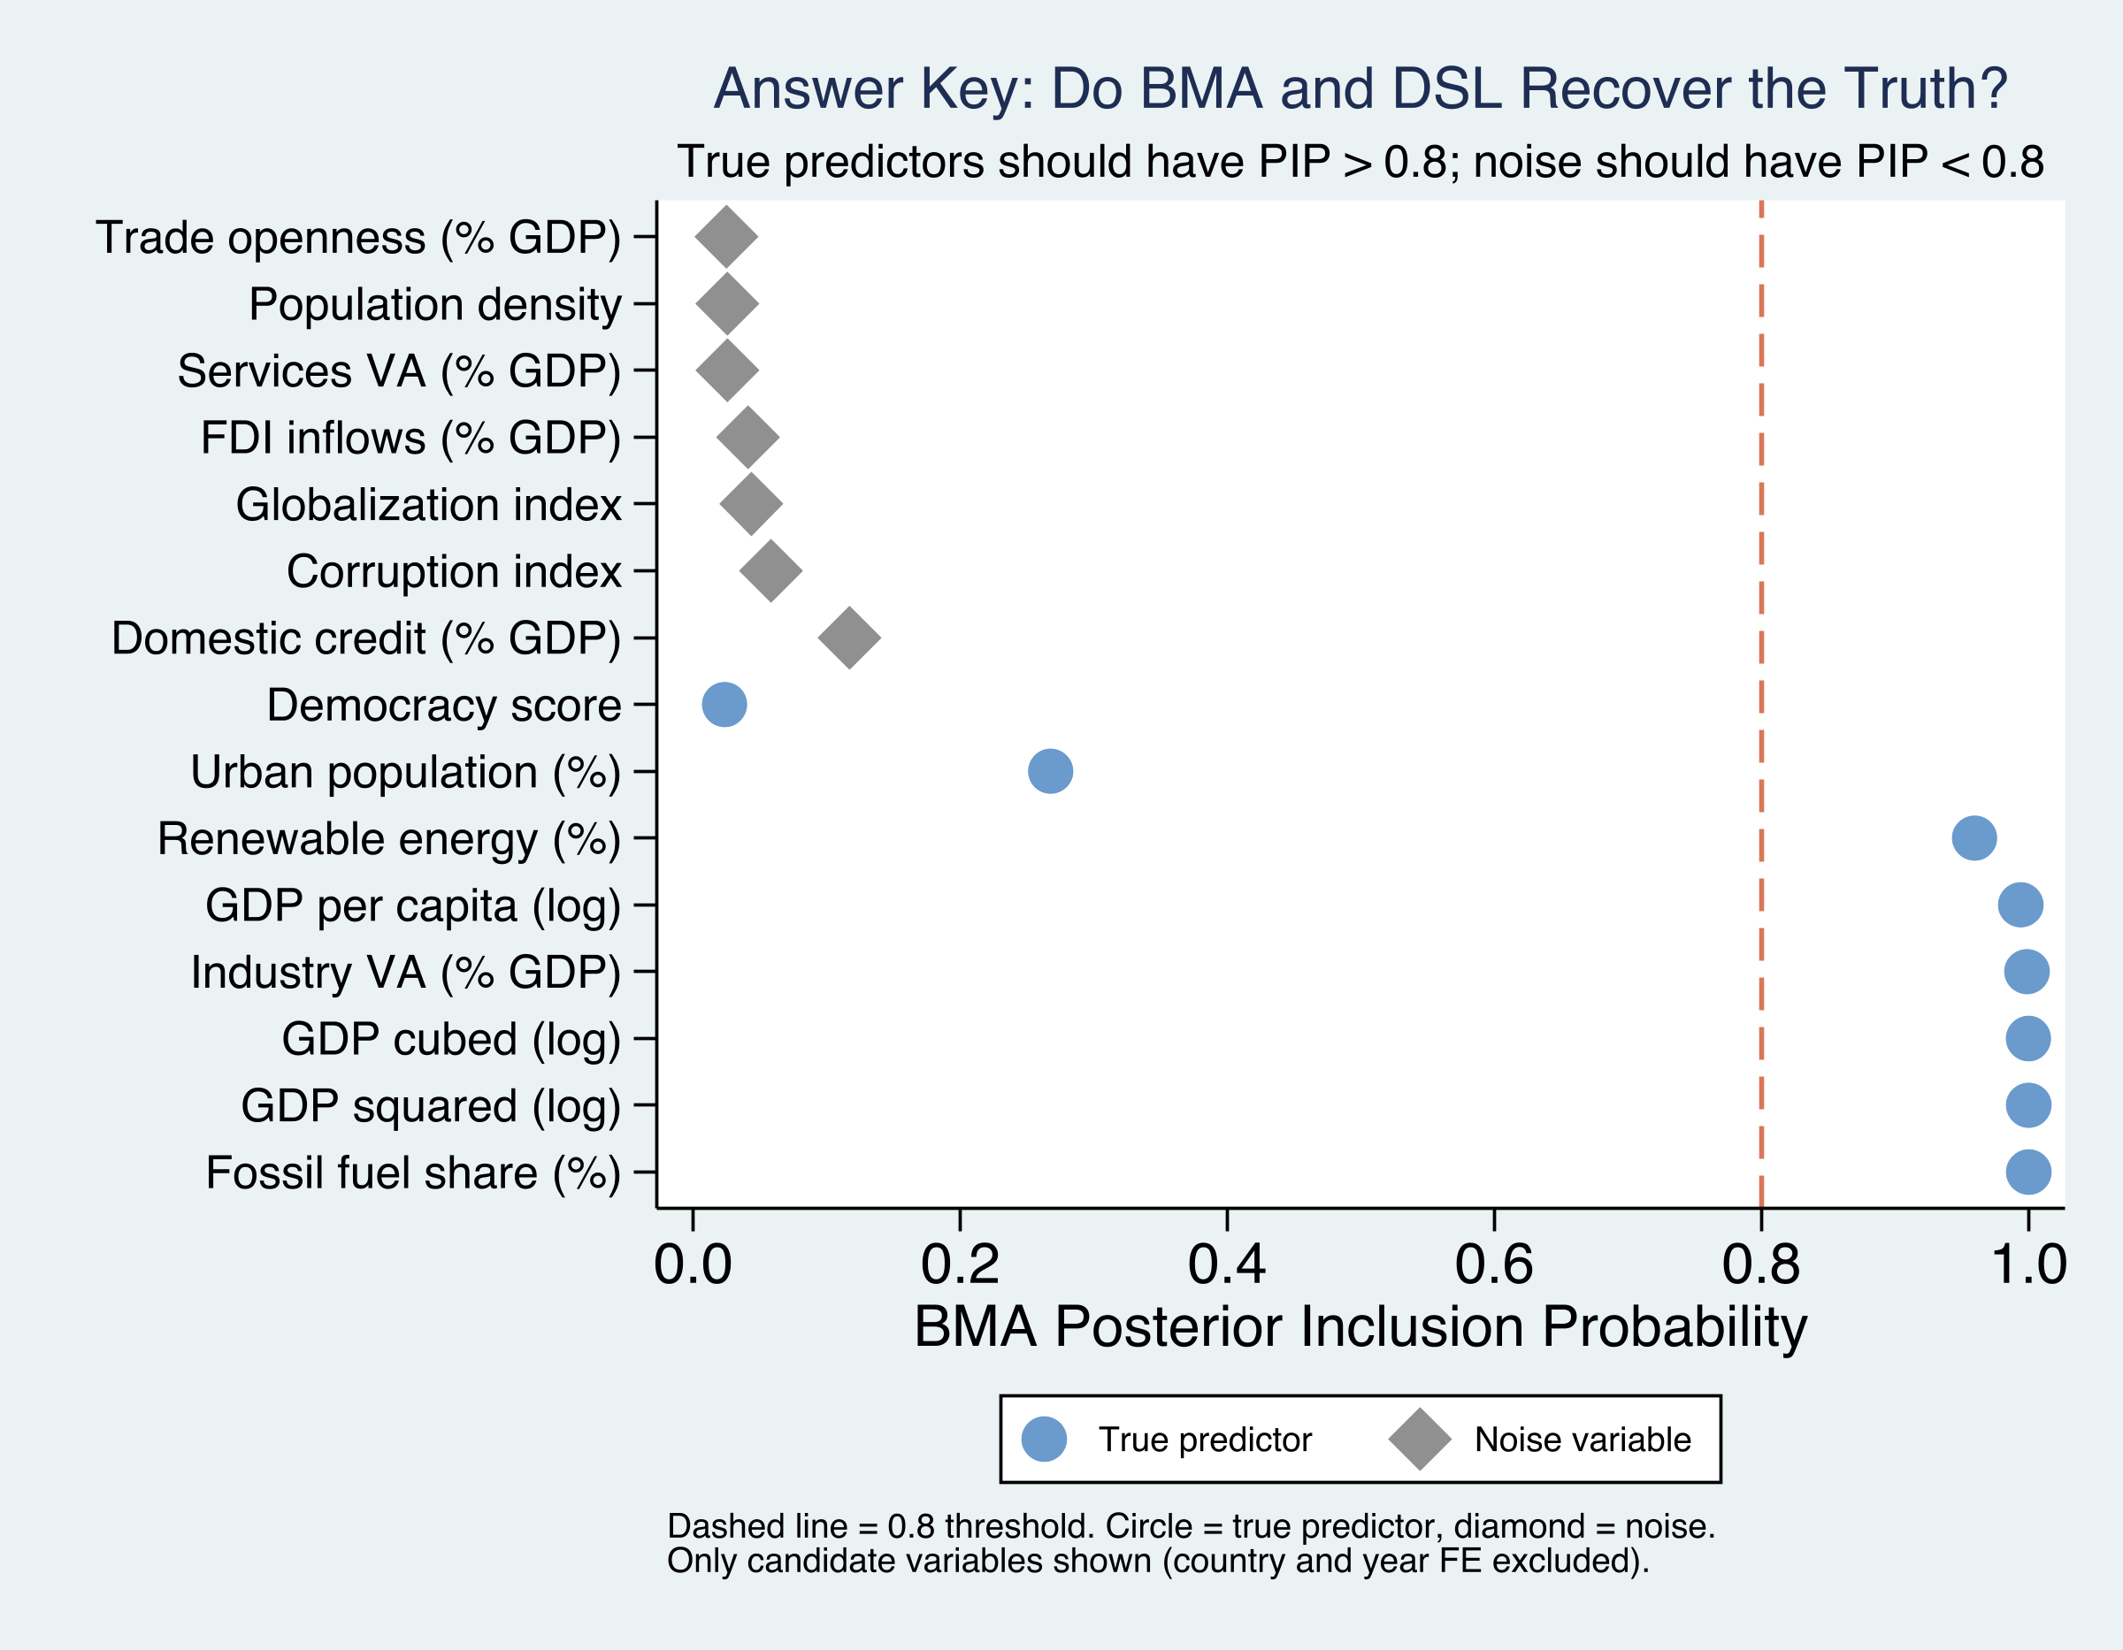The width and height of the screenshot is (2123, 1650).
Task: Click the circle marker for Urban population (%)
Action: coord(1050,772)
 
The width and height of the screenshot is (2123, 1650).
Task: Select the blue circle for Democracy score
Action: coord(724,705)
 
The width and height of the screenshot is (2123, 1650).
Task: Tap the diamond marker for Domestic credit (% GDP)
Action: coord(849,638)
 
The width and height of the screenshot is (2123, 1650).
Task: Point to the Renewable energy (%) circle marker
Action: coord(1974,837)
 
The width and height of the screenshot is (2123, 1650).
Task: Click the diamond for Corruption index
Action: coord(770,571)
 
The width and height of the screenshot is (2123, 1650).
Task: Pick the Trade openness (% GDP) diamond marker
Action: coord(726,237)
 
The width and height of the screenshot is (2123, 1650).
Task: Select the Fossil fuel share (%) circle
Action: coord(2027,1172)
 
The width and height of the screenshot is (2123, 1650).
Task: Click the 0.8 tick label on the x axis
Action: coord(1760,1264)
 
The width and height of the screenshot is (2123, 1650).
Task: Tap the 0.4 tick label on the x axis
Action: coord(1227,1264)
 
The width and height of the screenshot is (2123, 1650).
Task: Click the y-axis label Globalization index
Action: coord(428,505)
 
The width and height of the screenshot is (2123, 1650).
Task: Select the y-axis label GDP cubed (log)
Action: coord(451,1039)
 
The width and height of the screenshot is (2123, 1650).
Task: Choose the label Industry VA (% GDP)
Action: coord(405,972)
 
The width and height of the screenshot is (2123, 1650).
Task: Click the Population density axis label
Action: coord(434,304)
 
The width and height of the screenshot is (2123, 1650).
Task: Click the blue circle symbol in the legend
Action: coord(1044,1440)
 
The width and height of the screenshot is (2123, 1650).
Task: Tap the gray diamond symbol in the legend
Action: coord(1419,1440)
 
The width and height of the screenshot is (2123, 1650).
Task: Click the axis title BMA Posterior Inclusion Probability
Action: coord(1360,1326)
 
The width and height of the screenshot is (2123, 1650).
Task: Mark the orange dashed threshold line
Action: coord(1760,680)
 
